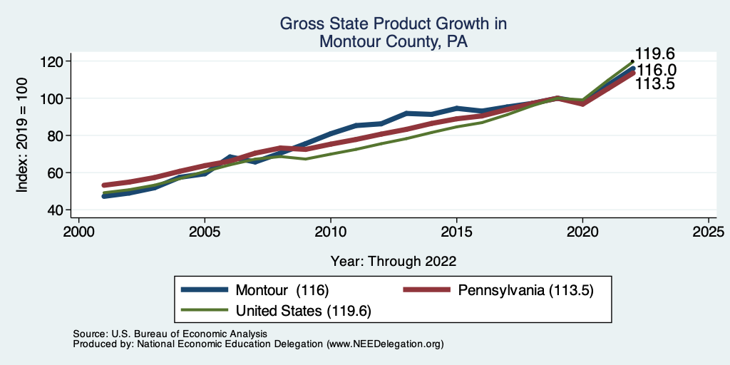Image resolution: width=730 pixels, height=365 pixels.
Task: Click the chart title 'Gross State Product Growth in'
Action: point(393,24)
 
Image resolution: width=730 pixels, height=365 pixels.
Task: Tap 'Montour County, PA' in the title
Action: point(393,42)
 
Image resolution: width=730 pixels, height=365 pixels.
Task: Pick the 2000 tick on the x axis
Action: point(78,232)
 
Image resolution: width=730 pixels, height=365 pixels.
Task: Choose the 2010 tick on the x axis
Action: point(330,232)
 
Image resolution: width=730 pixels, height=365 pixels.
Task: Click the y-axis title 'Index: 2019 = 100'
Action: point(23,135)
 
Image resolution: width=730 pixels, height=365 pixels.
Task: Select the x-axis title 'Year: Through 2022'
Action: point(394,261)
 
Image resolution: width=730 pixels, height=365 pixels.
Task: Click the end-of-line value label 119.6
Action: point(655,54)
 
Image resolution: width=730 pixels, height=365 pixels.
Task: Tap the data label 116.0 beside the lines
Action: point(657,70)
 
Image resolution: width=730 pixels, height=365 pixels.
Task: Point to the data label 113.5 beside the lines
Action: point(655,84)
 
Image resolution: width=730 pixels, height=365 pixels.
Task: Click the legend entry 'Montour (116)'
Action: point(282,290)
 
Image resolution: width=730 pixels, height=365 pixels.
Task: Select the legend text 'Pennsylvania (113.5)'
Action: point(526,290)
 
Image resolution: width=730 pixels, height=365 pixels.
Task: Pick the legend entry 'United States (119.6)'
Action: point(304,311)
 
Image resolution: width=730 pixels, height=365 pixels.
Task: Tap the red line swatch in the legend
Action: point(427,290)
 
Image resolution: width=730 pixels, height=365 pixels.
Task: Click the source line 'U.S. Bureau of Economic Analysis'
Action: point(186,334)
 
